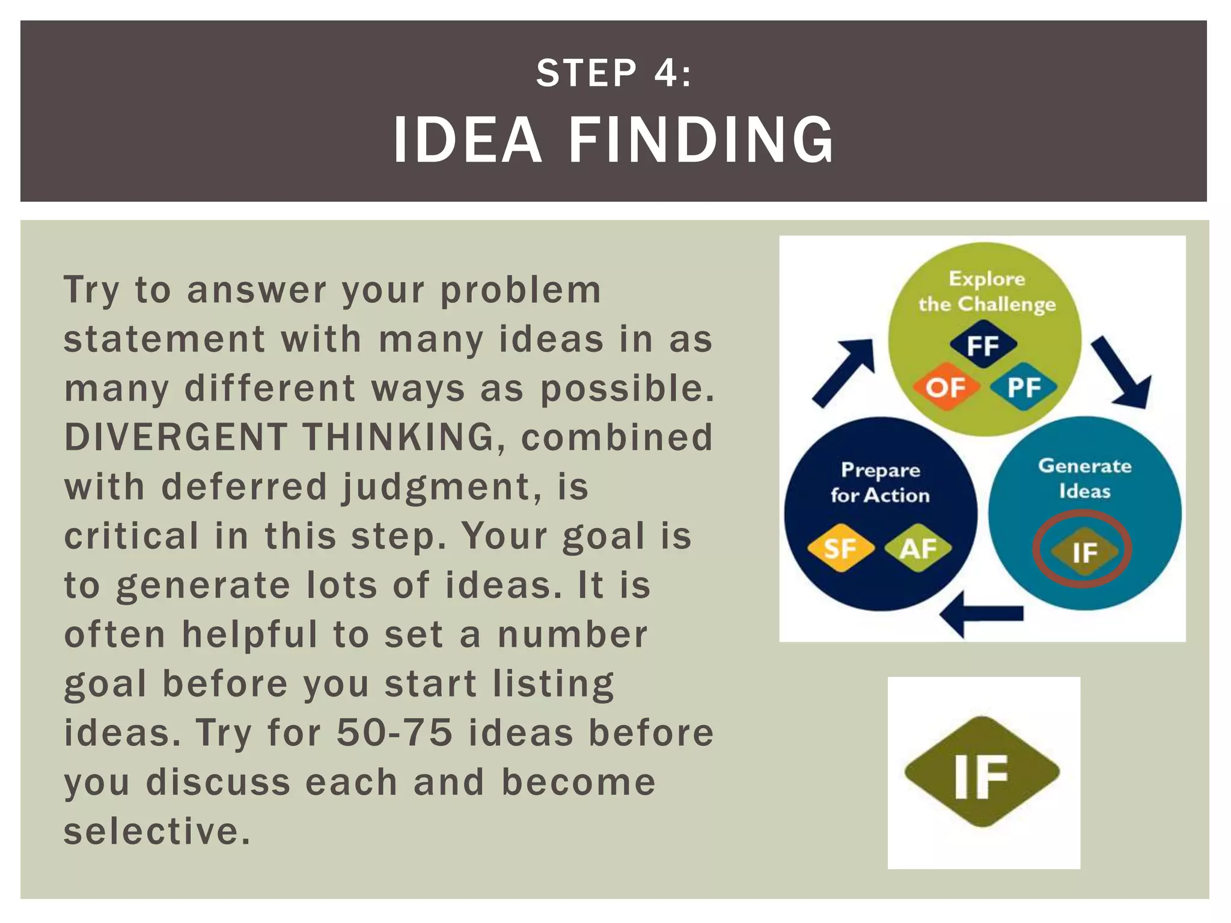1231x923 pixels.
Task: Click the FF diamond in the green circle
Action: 983,346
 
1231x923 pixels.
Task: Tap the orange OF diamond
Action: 945,387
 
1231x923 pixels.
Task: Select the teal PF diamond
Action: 1024,387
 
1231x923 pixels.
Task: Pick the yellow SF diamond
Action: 840,548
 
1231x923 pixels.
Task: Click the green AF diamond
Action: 918,548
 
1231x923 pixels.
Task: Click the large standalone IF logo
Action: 982,773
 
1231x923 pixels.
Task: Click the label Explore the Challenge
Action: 987,292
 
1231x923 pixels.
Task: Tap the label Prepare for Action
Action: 880,483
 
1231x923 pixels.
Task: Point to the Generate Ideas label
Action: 1084,478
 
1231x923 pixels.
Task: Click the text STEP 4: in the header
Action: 614,73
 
